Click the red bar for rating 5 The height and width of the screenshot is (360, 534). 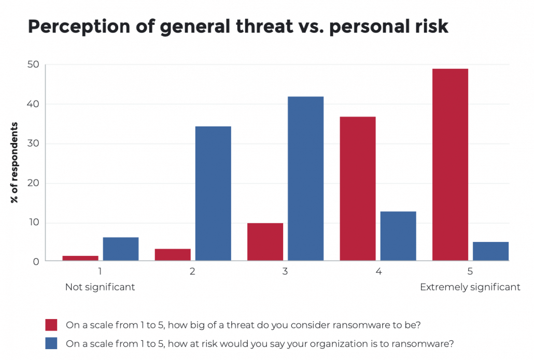point(450,165)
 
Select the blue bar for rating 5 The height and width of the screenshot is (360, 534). point(490,251)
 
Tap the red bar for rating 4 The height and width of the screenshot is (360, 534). point(358,189)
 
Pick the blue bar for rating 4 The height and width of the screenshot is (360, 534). point(398,236)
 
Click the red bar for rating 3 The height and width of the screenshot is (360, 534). point(265,242)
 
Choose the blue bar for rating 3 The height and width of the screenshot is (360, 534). point(306,178)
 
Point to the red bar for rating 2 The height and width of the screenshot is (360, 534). point(173,255)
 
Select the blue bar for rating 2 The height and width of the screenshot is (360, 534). point(213,193)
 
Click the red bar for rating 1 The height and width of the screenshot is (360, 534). point(80,258)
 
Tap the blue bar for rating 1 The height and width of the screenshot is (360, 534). point(121,249)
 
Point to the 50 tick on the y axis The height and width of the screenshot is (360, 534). point(34,65)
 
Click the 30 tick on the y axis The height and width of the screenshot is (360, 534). point(34,144)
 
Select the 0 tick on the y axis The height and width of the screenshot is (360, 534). point(36,262)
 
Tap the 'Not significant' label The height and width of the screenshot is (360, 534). point(100,287)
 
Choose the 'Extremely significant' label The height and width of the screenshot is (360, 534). point(470,287)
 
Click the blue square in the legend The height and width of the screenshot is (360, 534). point(51,343)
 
